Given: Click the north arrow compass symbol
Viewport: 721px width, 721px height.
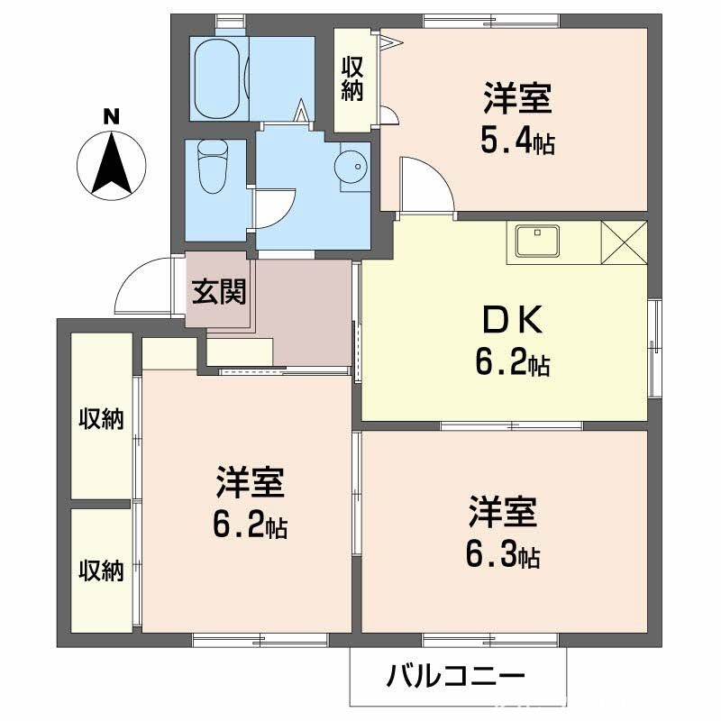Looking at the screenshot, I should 112,165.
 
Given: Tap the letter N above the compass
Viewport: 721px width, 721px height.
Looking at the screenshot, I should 111,116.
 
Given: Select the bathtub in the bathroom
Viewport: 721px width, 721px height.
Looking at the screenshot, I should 217,78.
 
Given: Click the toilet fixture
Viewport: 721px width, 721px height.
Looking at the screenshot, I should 213,166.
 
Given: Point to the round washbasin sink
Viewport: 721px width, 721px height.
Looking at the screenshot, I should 350,166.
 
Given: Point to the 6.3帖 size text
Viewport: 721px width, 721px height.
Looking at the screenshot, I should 502,556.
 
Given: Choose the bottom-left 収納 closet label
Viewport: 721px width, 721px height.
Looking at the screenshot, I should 100,570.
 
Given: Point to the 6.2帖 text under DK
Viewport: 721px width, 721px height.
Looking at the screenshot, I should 512,363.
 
